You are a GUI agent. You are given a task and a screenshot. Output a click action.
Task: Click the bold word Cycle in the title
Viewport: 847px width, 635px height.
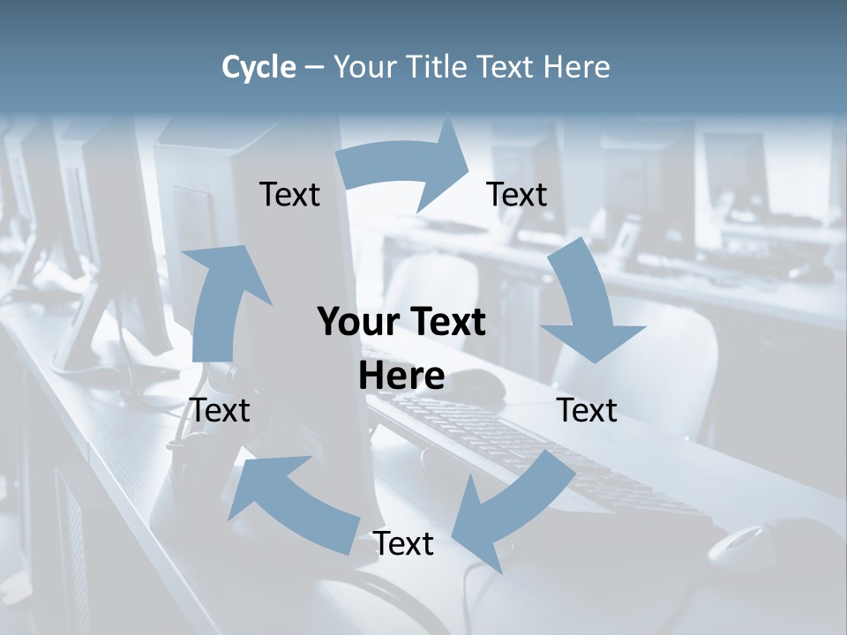(259, 67)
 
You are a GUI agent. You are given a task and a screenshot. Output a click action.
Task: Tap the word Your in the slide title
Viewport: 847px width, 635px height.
(364, 67)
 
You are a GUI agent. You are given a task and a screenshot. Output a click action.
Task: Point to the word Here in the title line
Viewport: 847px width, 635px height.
(576, 67)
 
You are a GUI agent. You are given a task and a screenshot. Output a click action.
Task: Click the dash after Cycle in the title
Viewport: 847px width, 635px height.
(314, 67)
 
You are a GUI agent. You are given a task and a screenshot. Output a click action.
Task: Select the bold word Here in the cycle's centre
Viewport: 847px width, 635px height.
(401, 377)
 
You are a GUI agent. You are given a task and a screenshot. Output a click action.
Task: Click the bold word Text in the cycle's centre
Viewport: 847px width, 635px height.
(446, 322)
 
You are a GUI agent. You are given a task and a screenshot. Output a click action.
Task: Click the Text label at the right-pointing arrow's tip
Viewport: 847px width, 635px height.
(517, 194)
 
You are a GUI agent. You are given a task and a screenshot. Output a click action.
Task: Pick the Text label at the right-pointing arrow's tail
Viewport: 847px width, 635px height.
(289, 194)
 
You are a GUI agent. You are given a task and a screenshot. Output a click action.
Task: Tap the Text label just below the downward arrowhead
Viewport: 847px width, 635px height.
(587, 410)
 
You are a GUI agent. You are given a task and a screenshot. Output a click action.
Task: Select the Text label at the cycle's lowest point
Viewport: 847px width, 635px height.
(403, 543)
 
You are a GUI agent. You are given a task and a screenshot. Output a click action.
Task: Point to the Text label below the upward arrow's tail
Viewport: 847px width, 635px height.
(221, 410)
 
